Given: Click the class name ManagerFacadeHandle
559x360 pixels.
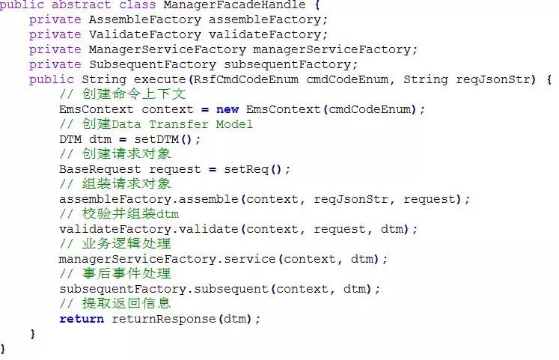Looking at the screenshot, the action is click(x=250, y=4).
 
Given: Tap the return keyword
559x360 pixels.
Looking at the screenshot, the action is click(x=82, y=319).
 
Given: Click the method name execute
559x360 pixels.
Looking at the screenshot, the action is click(x=160, y=79).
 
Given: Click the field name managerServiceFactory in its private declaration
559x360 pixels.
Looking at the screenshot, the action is click(x=332, y=49).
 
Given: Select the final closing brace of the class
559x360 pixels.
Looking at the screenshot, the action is click(x=3, y=349).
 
